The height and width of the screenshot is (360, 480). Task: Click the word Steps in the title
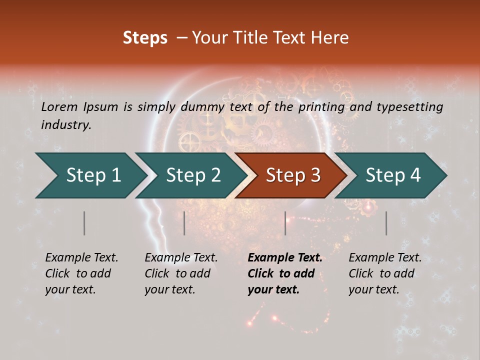click(145, 38)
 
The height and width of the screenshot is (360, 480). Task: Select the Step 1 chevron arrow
click(90, 175)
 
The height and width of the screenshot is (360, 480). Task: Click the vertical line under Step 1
click(84, 223)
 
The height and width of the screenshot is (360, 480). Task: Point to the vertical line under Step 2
click(184, 223)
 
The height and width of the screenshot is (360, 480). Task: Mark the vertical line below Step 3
click(285, 223)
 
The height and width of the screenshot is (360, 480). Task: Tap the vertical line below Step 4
click(386, 223)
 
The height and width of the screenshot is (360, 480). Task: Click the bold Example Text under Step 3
click(285, 273)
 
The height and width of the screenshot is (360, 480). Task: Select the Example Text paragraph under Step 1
click(81, 273)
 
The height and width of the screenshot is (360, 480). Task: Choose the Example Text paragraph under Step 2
click(181, 273)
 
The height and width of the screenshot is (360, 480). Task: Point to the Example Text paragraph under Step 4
click(385, 273)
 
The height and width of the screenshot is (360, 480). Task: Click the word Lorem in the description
click(59, 106)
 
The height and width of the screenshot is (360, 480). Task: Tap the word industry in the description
click(65, 125)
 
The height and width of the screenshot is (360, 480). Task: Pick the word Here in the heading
click(332, 38)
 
